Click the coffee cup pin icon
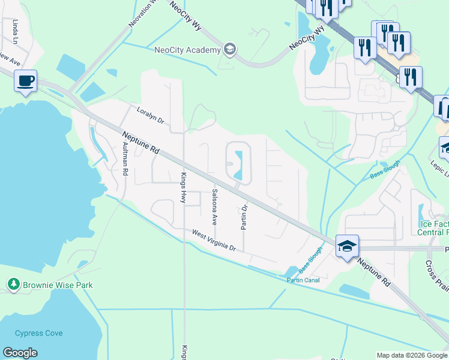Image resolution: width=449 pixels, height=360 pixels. point(25,80)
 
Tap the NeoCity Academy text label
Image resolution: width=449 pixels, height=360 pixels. point(187,50)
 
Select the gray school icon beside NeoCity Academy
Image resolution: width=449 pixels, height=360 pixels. point(229,49)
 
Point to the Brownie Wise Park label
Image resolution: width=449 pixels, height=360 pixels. point(58,285)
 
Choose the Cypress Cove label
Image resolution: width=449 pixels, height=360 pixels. point(39,333)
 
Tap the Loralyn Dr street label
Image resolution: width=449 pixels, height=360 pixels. point(150,115)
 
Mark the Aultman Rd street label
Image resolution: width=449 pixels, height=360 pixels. point(125,159)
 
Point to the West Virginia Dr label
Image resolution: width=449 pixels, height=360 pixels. point(214,240)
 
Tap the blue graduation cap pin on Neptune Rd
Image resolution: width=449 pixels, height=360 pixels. point(347,247)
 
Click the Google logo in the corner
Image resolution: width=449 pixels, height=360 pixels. point(20,353)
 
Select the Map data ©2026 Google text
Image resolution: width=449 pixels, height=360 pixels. point(412,355)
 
